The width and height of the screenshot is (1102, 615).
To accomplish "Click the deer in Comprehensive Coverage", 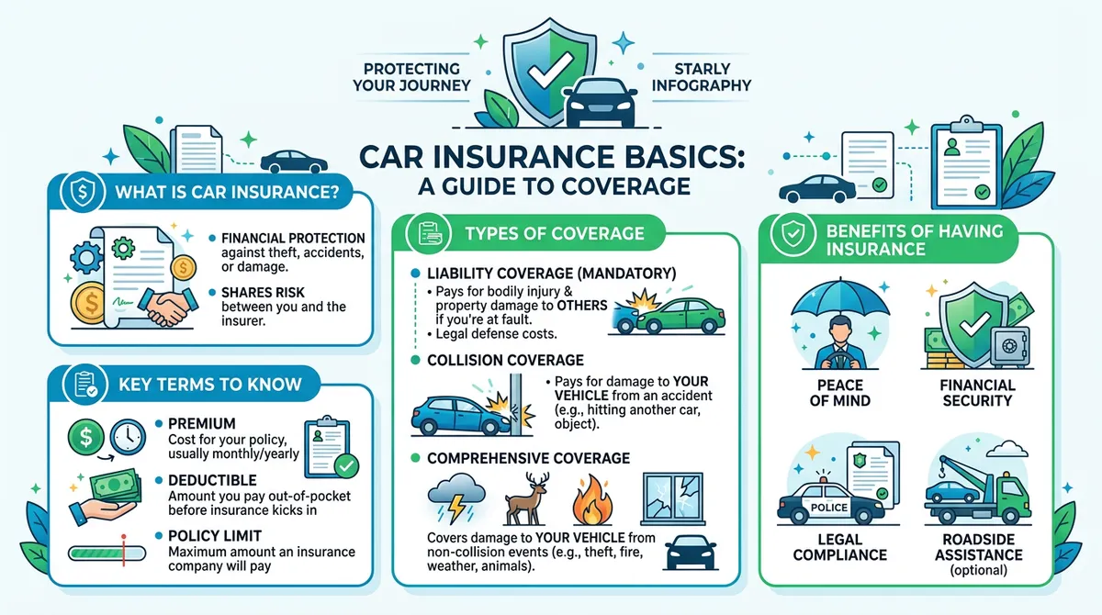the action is tap(527, 499).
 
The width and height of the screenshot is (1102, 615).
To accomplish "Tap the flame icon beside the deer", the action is tap(593, 500).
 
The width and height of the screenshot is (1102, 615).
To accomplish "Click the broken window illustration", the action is tap(673, 499).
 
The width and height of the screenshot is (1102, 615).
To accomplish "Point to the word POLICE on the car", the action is tap(829, 508).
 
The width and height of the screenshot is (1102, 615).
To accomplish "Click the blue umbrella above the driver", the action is tap(840, 299).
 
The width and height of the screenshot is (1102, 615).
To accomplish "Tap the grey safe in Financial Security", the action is tap(1009, 347).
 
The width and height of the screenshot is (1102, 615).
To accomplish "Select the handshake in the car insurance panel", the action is tap(168, 307).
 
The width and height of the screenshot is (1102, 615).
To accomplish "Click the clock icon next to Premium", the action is tap(128, 437).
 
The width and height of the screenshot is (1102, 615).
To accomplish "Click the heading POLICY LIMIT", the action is tap(215, 536).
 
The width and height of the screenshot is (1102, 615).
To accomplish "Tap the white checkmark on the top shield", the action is tap(550, 71).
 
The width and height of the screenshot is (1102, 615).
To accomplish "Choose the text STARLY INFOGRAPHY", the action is tap(702, 77).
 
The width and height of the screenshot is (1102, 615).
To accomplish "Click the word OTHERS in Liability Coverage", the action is tap(582, 306).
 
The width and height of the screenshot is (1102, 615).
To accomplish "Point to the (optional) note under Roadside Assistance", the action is tap(979, 570).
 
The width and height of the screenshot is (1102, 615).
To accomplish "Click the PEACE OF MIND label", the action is tap(840, 393).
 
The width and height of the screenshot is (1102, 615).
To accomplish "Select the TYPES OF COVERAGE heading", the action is tap(555, 233).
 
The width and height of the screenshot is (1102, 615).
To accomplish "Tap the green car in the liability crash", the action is tap(681, 316).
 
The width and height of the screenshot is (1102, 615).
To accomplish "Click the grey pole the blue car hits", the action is tap(515, 405).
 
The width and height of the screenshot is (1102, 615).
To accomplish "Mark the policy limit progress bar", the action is tap(107, 553).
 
